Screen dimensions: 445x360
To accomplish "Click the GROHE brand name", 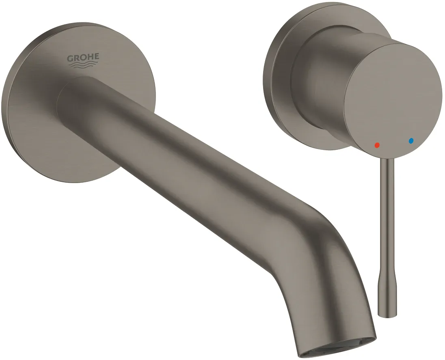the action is tap(83, 58).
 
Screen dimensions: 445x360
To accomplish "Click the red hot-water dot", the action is tap(377, 145).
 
